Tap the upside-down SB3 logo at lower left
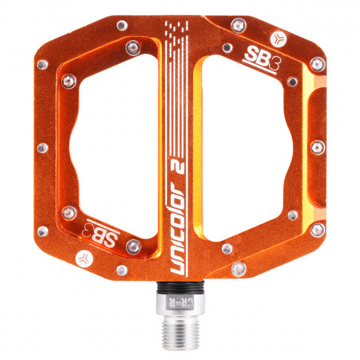coord(102,230)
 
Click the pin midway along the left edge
coord(42,147)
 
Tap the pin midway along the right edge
coord(318,146)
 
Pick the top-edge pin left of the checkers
coord(121,25)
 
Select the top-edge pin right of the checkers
coord(239,26)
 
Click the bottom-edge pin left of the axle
coord(122,269)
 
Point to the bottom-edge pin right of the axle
coord(239,268)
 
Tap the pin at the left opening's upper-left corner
coord(69,82)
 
